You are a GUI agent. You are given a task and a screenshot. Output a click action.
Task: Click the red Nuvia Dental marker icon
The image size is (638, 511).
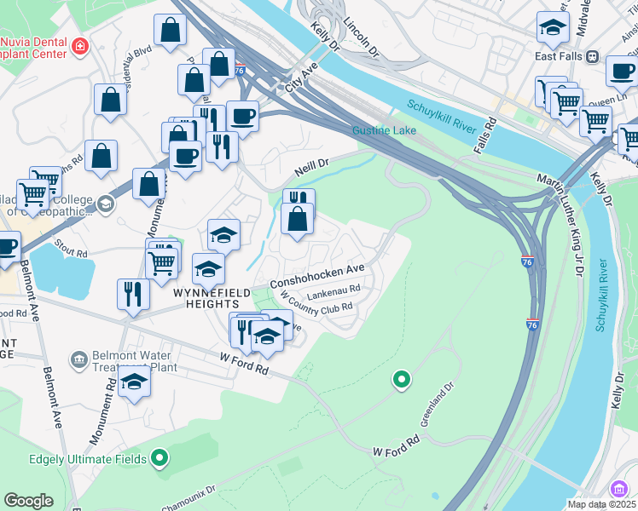[79, 45]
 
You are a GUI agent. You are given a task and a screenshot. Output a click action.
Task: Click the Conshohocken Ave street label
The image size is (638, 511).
[317, 274]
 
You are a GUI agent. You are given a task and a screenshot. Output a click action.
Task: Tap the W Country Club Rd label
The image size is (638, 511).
[316, 307]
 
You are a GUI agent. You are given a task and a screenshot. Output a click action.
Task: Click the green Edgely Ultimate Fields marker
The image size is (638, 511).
[159, 459]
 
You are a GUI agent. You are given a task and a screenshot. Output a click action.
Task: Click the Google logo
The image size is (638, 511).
[29, 501]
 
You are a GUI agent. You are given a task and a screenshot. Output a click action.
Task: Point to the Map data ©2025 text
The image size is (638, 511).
[601, 504]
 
